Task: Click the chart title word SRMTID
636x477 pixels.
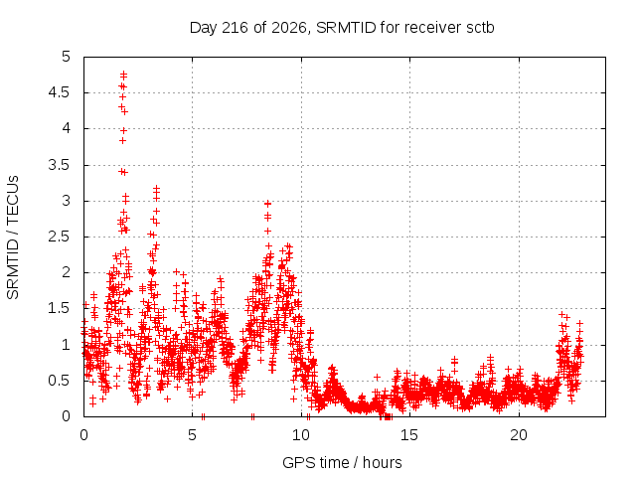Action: pyautogui.click(x=346, y=28)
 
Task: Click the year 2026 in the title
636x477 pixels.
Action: pyautogui.click(x=289, y=28)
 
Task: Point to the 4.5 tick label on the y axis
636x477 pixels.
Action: pyautogui.click(x=60, y=92)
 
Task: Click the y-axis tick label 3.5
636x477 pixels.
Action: pyautogui.click(x=60, y=165)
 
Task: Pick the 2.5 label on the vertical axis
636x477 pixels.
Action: pyautogui.click(x=60, y=237)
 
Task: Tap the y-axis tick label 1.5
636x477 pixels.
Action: pyautogui.click(x=60, y=308)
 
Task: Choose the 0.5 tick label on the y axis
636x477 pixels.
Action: pyautogui.click(x=60, y=381)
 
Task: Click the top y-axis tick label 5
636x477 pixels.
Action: pyautogui.click(x=67, y=57)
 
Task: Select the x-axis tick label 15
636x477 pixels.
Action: pyautogui.click(x=409, y=435)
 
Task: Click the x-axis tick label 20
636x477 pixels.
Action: pyautogui.click(x=519, y=435)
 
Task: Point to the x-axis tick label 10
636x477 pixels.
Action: pyautogui.click(x=301, y=435)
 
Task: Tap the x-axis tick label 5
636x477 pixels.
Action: pyautogui.click(x=192, y=435)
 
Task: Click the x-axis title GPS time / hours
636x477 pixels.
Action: pyautogui.click(x=342, y=462)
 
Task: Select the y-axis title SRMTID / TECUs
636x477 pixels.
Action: pyautogui.click(x=13, y=237)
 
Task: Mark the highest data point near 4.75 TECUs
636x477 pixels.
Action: pyautogui.click(x=123, y=75)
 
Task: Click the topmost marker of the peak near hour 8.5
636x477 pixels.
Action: pyautogui.click(x=267, y=204)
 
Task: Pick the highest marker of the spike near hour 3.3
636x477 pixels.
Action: pyautogui.click(x=157, y=189)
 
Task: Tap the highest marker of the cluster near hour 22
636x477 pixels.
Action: pyautogui.click(x=561, y=314)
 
